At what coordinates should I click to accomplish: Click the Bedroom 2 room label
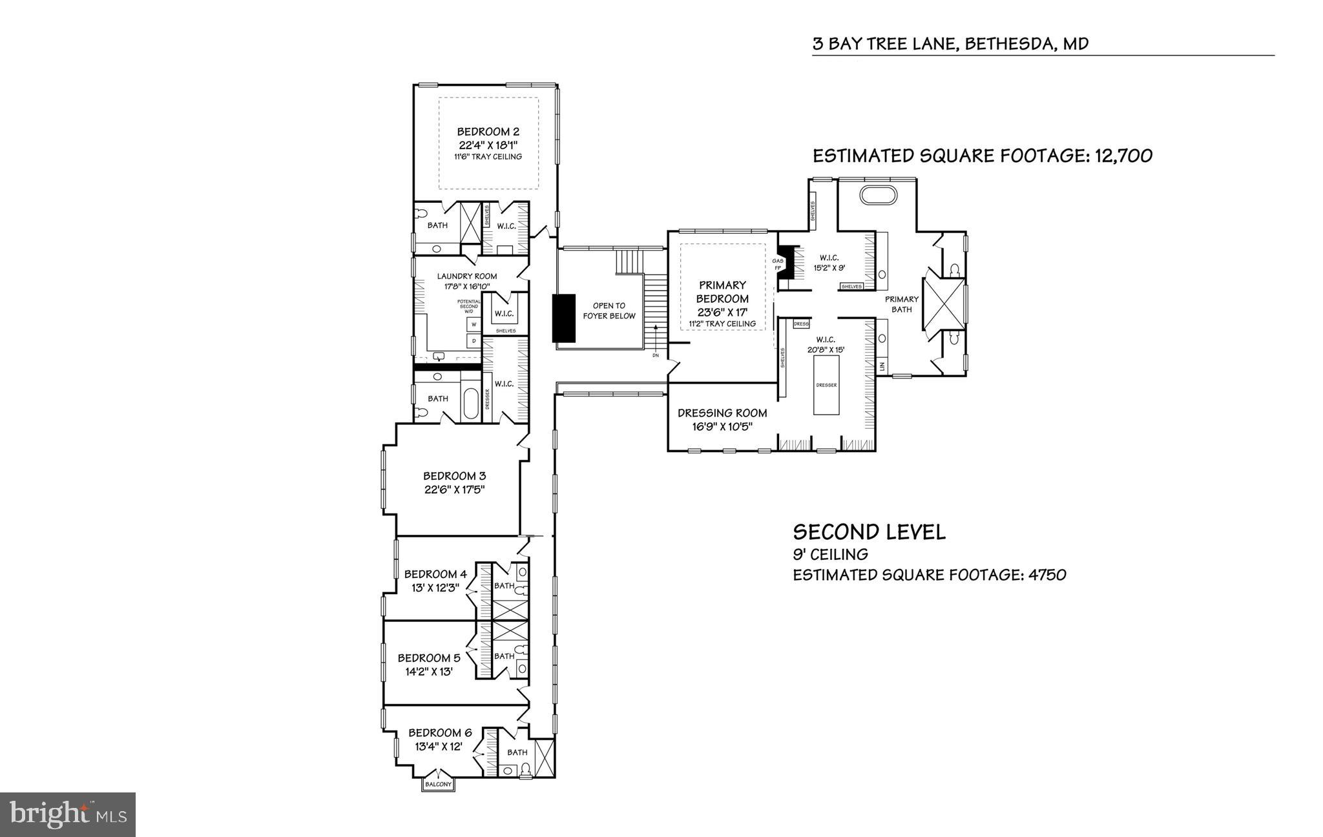pos(488,132)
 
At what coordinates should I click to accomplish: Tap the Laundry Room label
pos(466,276)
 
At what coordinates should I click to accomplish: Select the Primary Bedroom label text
pos(722,292)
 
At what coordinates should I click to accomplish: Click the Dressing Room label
pos(722,413)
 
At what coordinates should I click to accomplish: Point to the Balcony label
pos(438,784)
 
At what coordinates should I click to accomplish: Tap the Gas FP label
pos(777,265)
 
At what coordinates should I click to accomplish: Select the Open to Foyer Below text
pos(609,311)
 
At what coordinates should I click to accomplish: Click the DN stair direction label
pos(655,355)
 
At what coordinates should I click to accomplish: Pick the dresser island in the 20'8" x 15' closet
pos(826,385)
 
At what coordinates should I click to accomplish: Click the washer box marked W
pos(474,324)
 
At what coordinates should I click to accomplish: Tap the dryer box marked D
pos(474,340)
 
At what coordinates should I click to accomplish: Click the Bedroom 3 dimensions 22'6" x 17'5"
pos(454,490)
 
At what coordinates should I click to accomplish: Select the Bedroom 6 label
pos(440,733)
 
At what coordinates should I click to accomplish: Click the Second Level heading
pos(869,532)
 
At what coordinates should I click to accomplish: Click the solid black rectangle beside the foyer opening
pos(563,318)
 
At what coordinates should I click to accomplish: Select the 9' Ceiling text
pos(830,554)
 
